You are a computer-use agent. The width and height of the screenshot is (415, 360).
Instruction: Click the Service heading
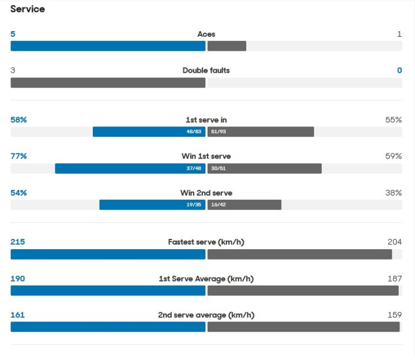[28, 9]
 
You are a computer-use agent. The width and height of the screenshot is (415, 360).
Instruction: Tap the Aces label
[206, 34]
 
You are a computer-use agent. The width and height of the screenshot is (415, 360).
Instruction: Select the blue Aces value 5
[13, 34]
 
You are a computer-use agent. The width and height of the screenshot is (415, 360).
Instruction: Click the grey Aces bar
[227, 46]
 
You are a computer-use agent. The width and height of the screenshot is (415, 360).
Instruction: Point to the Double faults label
[206, 70]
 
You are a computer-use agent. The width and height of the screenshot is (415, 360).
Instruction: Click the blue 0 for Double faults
[399, 70]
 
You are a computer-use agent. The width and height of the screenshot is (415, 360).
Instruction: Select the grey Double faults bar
[108, 82]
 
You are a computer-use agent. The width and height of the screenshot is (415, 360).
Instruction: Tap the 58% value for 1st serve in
[19, 120]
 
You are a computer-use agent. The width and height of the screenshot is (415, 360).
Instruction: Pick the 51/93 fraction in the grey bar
[218, 132]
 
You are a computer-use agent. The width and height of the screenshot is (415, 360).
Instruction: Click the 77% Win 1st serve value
[19, 156]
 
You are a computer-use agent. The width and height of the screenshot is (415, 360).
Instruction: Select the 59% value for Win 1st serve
[394, 156]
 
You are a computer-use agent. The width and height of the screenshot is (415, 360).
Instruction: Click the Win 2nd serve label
[206, 193]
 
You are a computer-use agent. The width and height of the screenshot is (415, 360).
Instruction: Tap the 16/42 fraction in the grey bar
[218, 205]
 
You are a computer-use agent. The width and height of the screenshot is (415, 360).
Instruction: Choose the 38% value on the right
[394, 193]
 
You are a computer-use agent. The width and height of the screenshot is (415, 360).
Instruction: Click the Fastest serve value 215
[18, 242]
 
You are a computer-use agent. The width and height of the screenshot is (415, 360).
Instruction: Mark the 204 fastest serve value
[395, 242]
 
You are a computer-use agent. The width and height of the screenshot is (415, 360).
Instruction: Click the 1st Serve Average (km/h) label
[206, 279]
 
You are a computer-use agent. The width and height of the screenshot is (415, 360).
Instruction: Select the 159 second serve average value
[395, 315]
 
